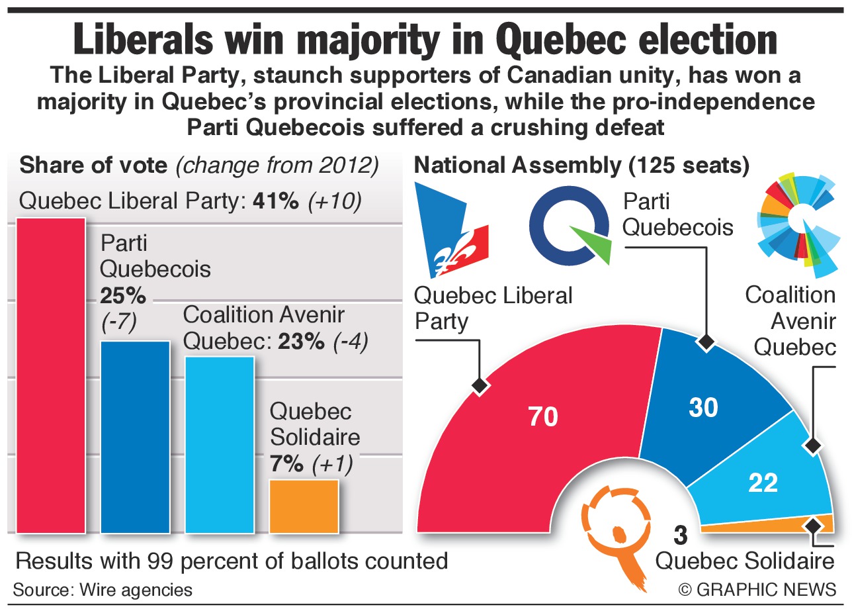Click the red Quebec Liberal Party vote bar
(x=51, y=375)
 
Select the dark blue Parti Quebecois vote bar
(x=135, y=436)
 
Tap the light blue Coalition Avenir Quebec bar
(x=220, y=444)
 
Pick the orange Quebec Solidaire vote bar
(x=304, y=506)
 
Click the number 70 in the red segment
(x=543, y=416)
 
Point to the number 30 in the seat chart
(x=703, y=408)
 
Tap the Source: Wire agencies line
(x=103, y=589)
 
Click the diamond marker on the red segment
(x=478, y=385)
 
